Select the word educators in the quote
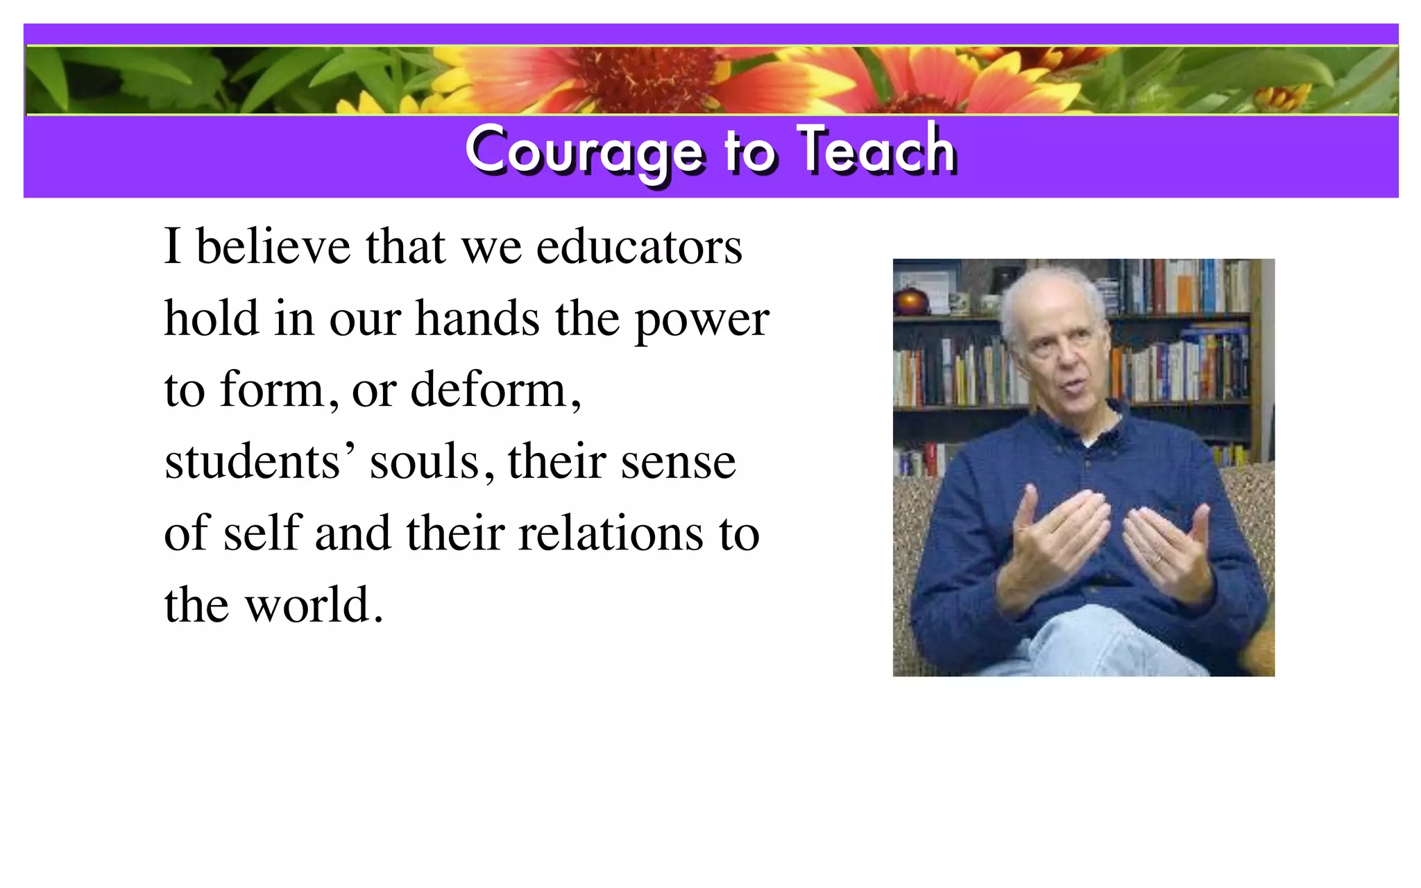pyautogui.click(x=639, y=247)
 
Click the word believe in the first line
pyautogui.click(x=273, y=247)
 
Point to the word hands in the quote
pyautogui.click(x=477, y=319)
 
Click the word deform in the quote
pyautogui.click(x=489, y=390)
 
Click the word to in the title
pyautogui.click(x=749, y=151)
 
